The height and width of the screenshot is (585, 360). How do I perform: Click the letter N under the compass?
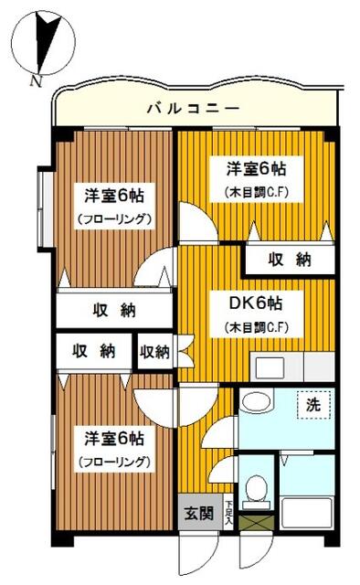(x=36, y=80)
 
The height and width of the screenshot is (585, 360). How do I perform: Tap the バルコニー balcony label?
(x=193, y=109)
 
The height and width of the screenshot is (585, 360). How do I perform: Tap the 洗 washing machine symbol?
(x=312, y=403)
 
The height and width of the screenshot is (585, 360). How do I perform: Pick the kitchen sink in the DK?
(x=272, y=368)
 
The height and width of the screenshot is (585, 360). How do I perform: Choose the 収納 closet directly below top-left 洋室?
(x=113, y=310)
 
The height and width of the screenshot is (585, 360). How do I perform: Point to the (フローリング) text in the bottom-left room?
(x=113, y=462)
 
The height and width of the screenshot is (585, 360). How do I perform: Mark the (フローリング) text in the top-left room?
(x=113, y=219)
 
